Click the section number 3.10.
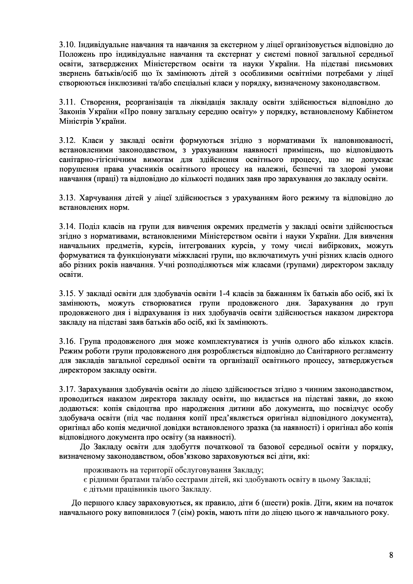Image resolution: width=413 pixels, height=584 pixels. (67, 45)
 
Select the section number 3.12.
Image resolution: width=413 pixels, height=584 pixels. (67, 141)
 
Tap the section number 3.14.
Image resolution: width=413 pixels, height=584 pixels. (67, 227)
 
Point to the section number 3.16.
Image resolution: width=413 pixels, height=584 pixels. (67, 341)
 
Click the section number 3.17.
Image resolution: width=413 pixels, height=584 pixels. (67, 389)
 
